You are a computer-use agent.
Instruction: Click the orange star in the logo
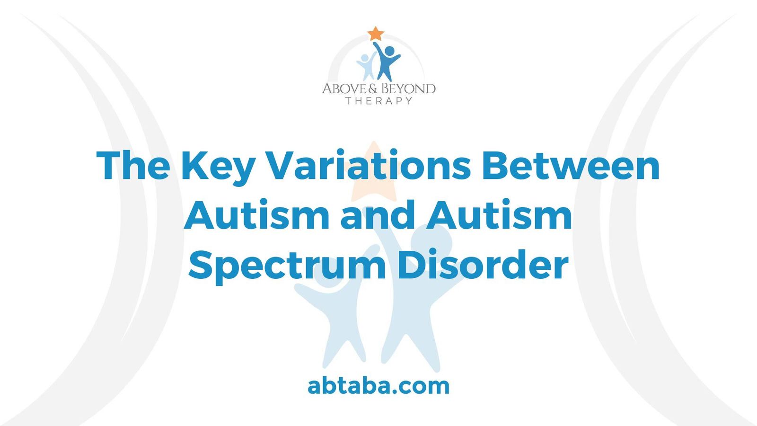(376, 34)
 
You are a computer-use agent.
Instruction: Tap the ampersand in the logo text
(373, 89)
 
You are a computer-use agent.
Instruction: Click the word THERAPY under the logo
(378, 101)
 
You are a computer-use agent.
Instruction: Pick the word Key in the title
(218, 167)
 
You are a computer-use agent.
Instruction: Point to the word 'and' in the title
(378, 215)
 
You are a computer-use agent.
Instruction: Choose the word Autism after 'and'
(499, 215)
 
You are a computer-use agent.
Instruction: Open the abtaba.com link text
(378, 386)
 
